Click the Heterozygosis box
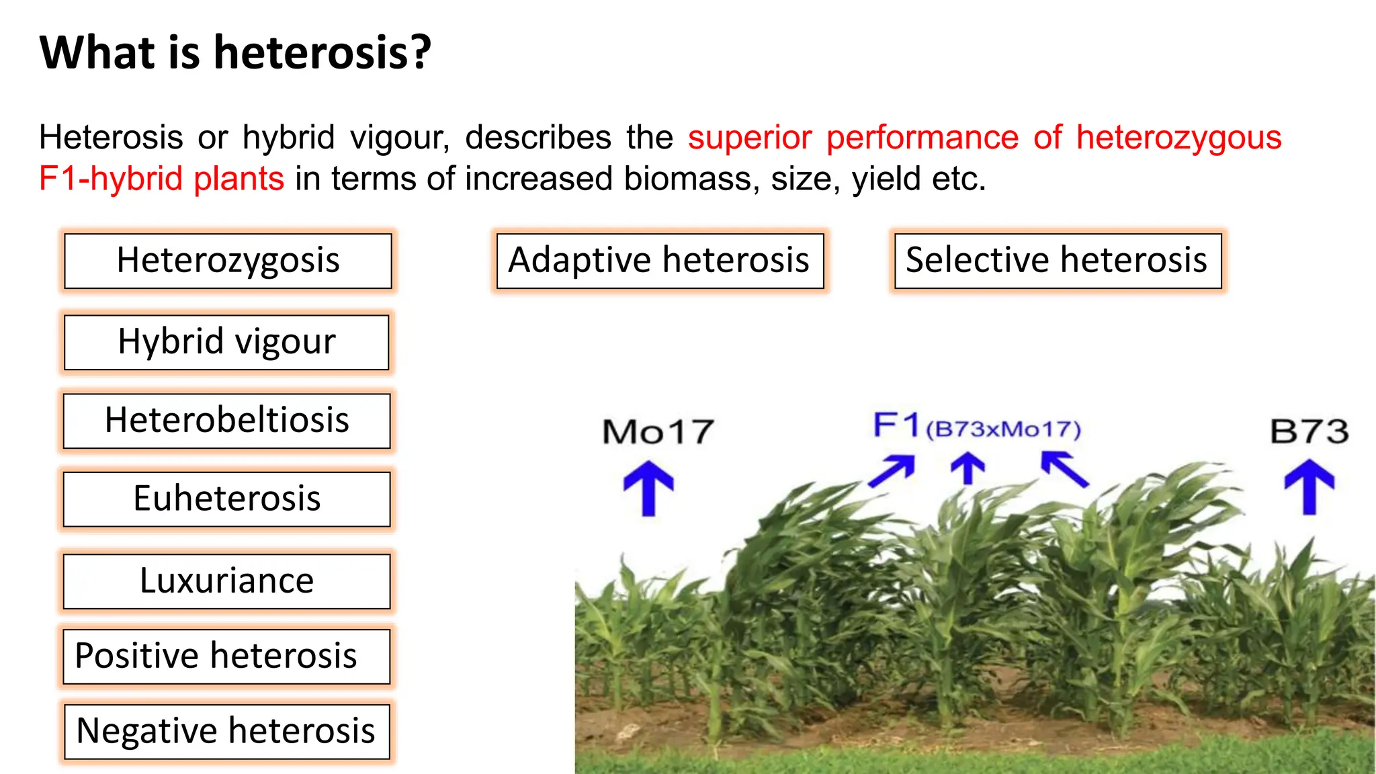(228, 261)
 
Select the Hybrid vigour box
(226, 342)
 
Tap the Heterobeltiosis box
(226, 421)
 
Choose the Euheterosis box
(226, 499)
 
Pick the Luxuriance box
(226, 581)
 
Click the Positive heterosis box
(226, 656)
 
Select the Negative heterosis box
(226, 732)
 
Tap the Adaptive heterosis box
(660, 261)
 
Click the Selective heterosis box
(1058, 261)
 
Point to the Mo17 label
(657, 431)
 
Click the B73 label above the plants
(1309, 431)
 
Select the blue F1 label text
(896, 425)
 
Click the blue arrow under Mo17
(648, 488)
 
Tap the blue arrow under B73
(1309, 486)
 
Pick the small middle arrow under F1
(967, 468)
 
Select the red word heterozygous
(1178, 137)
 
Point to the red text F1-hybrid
(110, 179)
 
